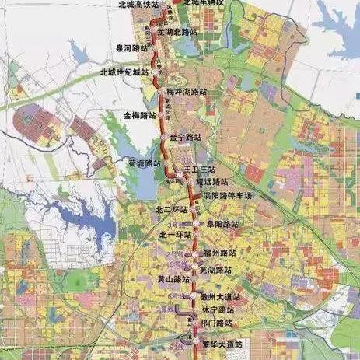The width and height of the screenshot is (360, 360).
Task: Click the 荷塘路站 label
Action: coord(142,163)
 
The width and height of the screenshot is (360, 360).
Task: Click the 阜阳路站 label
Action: coord(222,223)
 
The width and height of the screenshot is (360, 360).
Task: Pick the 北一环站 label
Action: coord(174,234)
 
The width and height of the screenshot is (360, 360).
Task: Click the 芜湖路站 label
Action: coord(216,269)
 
